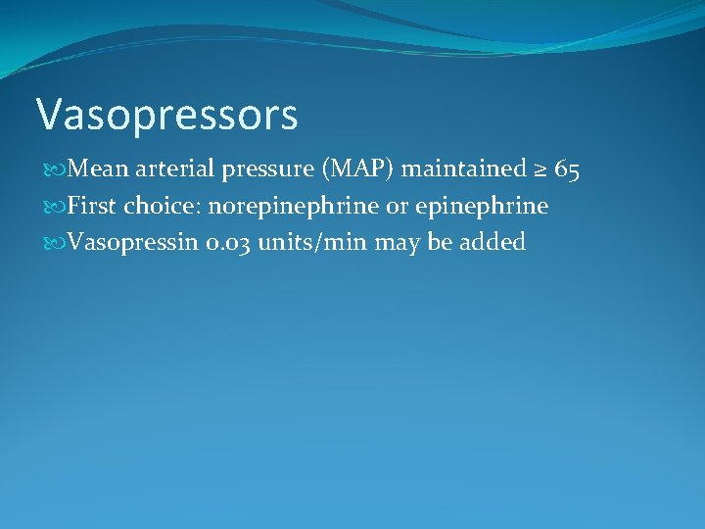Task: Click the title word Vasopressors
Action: tap(166, 115)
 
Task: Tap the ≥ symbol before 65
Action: tap(540, 170)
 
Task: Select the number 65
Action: tap(567, 170)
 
